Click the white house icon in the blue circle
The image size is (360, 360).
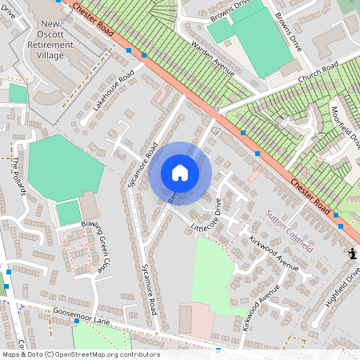click(180, 173)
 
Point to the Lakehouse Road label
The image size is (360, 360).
click(113, 93)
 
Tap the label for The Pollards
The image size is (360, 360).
click(18, 175)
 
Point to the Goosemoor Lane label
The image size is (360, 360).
click(81, 314)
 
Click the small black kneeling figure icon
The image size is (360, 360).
click(352, 254)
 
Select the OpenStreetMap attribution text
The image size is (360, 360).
click(80, 354)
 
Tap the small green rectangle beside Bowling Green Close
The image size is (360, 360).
click(69, 213)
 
